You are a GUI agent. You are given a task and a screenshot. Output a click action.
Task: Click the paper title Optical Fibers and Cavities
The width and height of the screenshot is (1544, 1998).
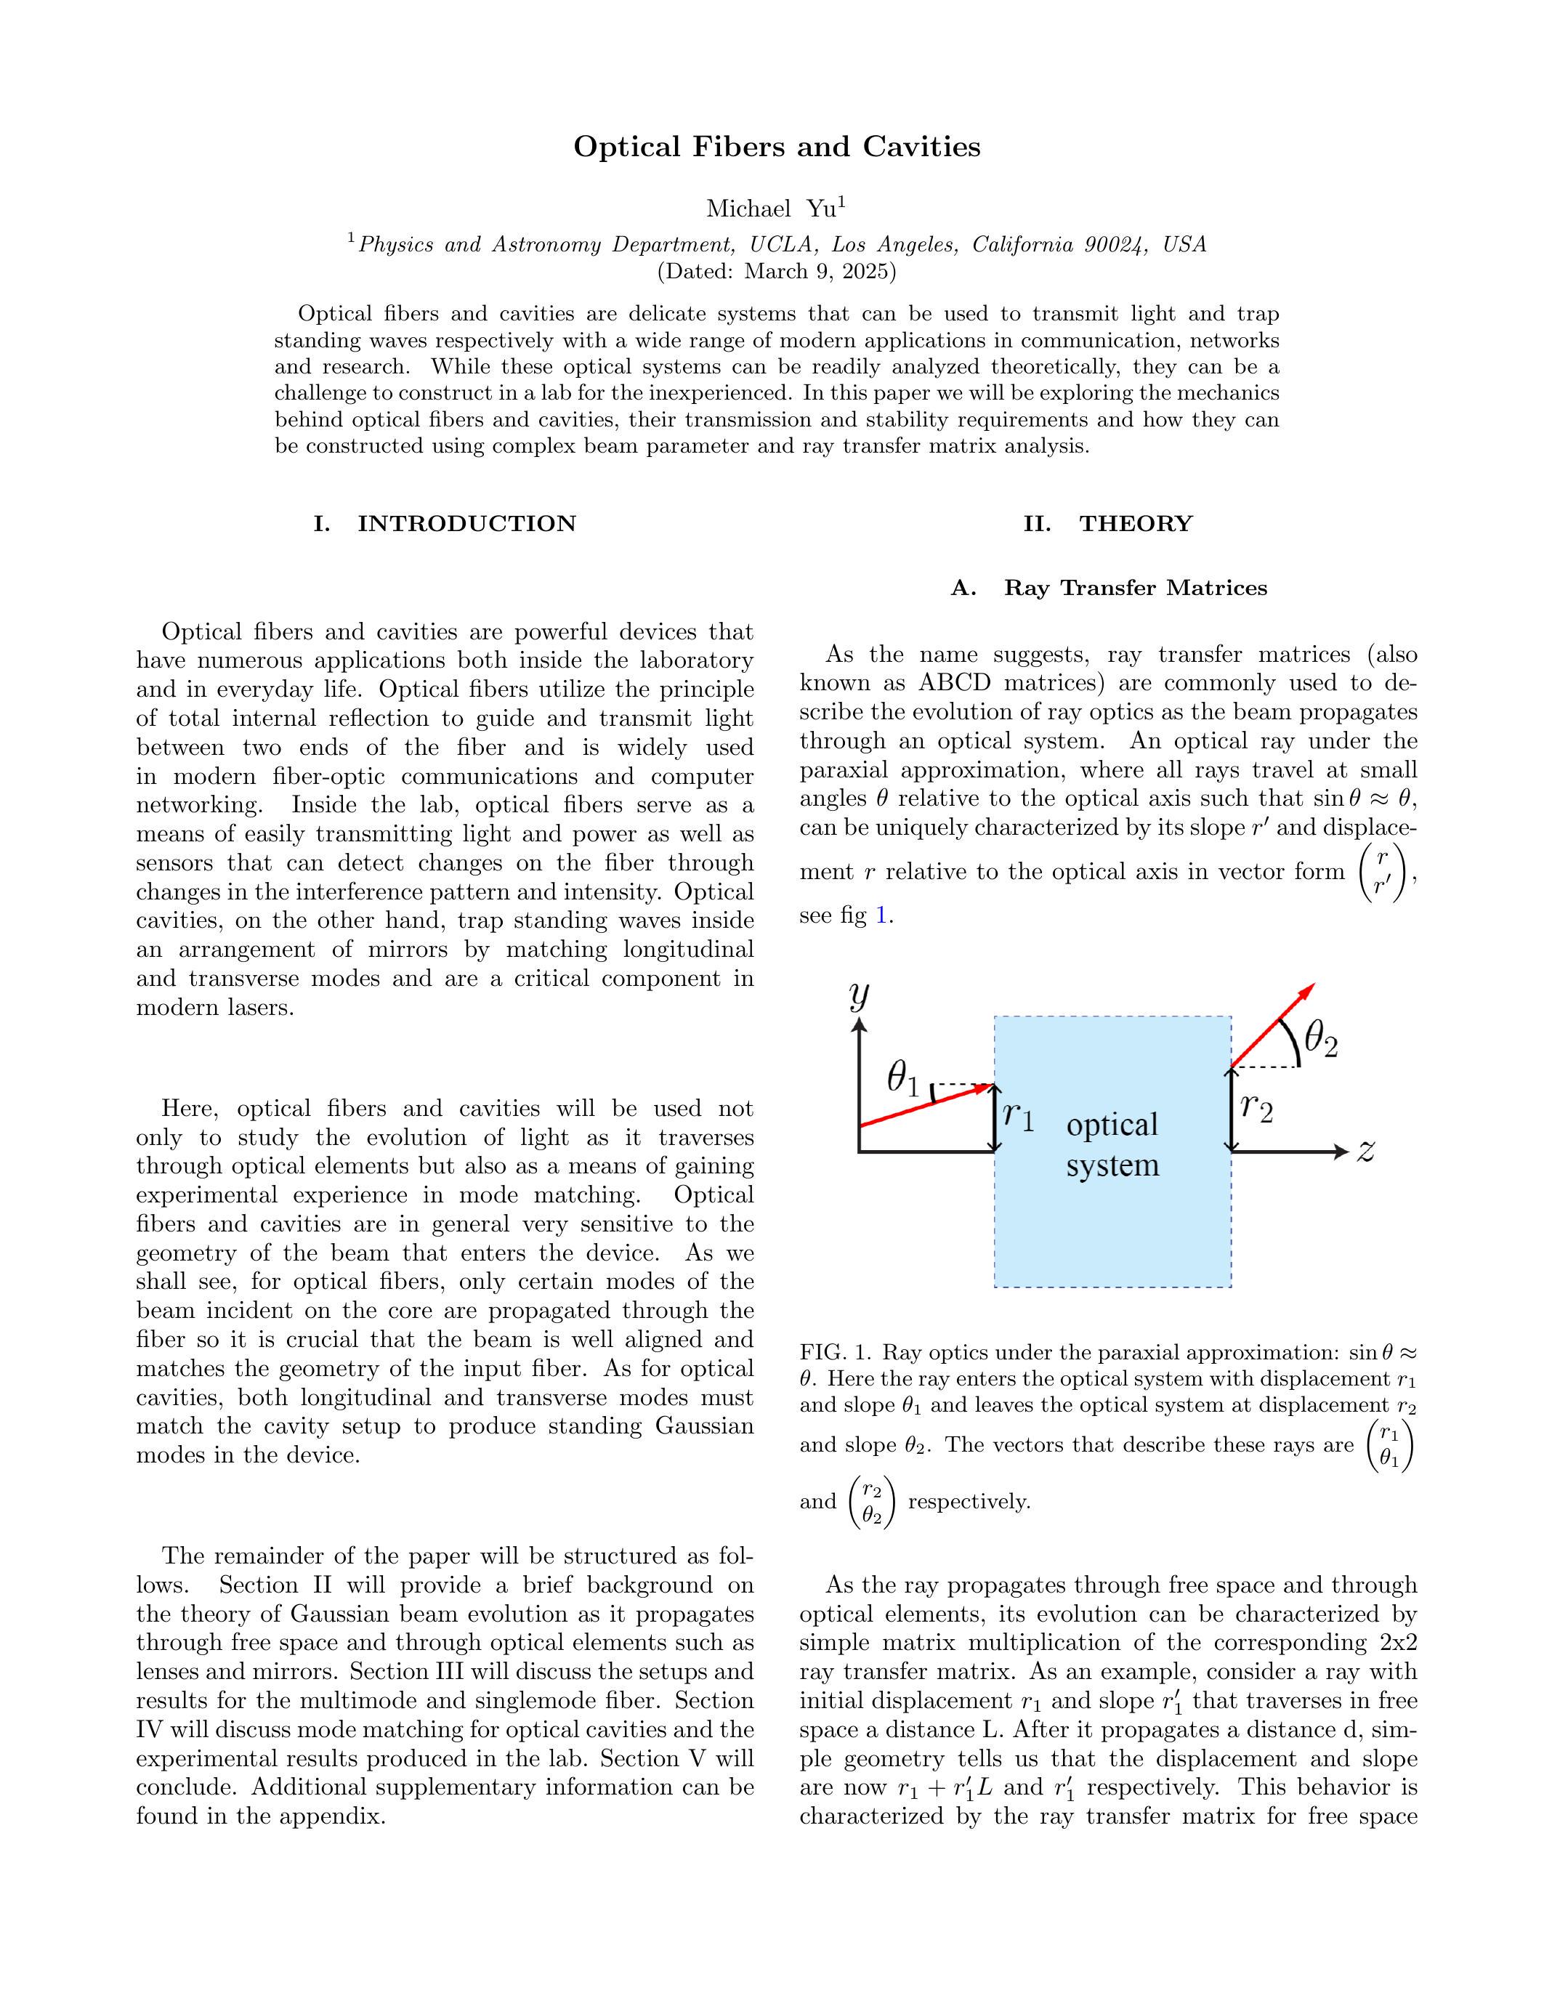[777, 147]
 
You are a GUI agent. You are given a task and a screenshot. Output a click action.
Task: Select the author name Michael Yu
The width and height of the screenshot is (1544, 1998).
[771, 209]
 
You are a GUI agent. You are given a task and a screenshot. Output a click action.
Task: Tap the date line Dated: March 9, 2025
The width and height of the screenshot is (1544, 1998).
[777, 272]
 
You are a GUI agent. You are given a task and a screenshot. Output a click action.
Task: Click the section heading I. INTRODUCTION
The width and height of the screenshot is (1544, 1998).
[445, 524]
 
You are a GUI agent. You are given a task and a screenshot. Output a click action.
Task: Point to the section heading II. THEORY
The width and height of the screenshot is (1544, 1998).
[1108, 524]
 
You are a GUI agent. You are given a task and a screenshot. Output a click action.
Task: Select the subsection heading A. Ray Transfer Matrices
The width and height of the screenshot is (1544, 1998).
[1109, 589]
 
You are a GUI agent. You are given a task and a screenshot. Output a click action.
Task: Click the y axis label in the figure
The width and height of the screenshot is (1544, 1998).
[858, 996]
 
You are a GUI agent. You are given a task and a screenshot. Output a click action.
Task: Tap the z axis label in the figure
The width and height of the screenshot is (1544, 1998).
[1366, 1152]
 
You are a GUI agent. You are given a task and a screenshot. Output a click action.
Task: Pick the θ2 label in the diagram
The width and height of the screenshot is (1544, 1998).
[1321, 1040]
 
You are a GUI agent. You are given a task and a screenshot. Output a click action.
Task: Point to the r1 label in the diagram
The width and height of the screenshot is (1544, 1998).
[1018, 1115]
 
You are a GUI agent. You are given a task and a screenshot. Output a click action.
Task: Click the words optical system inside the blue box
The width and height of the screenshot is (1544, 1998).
[1112, 1144]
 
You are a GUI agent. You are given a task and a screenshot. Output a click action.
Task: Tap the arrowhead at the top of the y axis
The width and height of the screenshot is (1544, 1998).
[858, 1026]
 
